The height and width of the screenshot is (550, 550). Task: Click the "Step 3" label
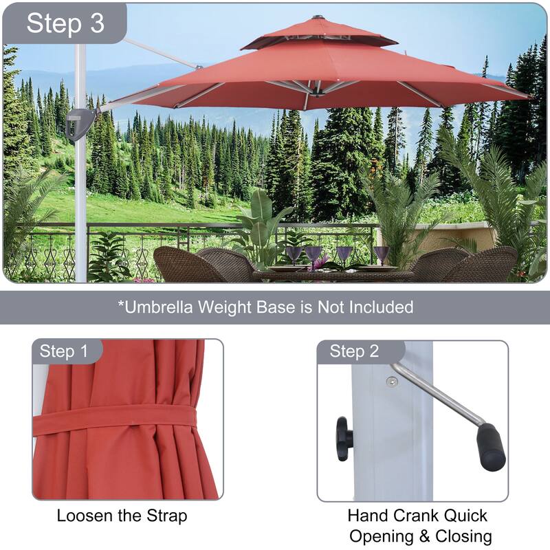tap(65, 23)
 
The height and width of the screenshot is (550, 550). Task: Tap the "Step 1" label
tap(63, 351)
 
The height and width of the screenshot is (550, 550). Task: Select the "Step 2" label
tap(354, 351)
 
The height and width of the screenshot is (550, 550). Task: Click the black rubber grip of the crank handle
tap(491, 446)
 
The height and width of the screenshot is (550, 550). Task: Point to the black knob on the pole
tap(344, 439)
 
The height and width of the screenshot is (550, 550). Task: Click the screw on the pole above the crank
tap(392, 382)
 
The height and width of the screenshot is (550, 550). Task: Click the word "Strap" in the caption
tap(167, 516)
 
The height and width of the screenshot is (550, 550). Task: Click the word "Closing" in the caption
tap(463, 537)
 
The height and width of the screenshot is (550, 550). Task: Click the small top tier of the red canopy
tap(318, 33)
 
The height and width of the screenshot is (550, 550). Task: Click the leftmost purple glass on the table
tap(294, 254)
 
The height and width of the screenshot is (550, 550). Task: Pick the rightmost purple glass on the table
tap(381, 255)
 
